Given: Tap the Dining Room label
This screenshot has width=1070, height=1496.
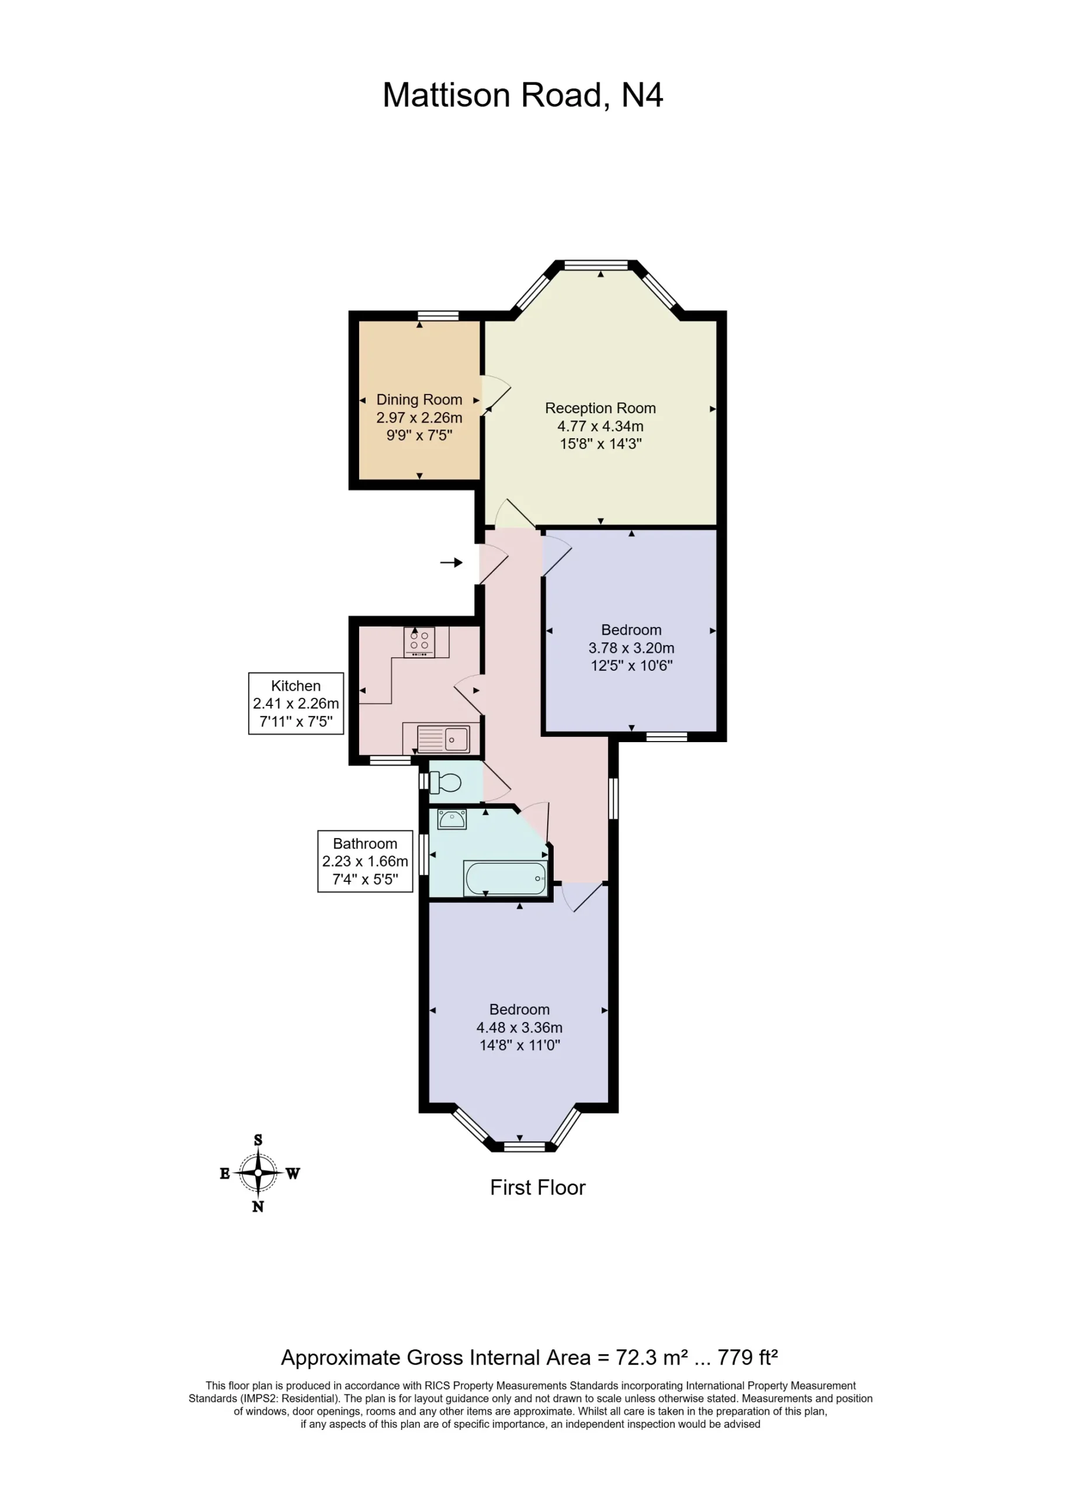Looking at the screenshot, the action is click(419, 399).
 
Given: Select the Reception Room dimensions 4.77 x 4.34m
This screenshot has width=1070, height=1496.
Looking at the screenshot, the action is click(600, 426).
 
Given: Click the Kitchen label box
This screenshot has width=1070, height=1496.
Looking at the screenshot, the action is click(296, 703).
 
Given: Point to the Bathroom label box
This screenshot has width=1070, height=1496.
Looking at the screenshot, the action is click(365, 861).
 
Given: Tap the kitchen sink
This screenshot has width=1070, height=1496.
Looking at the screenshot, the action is click(443, 739).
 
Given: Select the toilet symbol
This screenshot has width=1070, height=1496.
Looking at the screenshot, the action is click(446, 783).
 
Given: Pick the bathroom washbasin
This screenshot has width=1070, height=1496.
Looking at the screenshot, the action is click(452, 819).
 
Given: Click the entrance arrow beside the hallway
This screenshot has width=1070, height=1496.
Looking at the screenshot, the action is click(451, 562).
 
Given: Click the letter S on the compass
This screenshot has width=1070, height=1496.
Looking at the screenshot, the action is click(258, 1140).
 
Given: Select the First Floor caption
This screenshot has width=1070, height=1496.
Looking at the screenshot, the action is click(538, 1187).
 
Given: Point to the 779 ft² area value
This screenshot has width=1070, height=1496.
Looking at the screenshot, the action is click(748, 1358).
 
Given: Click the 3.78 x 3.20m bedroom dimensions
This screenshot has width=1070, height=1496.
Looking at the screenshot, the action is click(631, 648).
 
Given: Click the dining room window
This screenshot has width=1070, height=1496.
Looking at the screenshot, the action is click(438, 316).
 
